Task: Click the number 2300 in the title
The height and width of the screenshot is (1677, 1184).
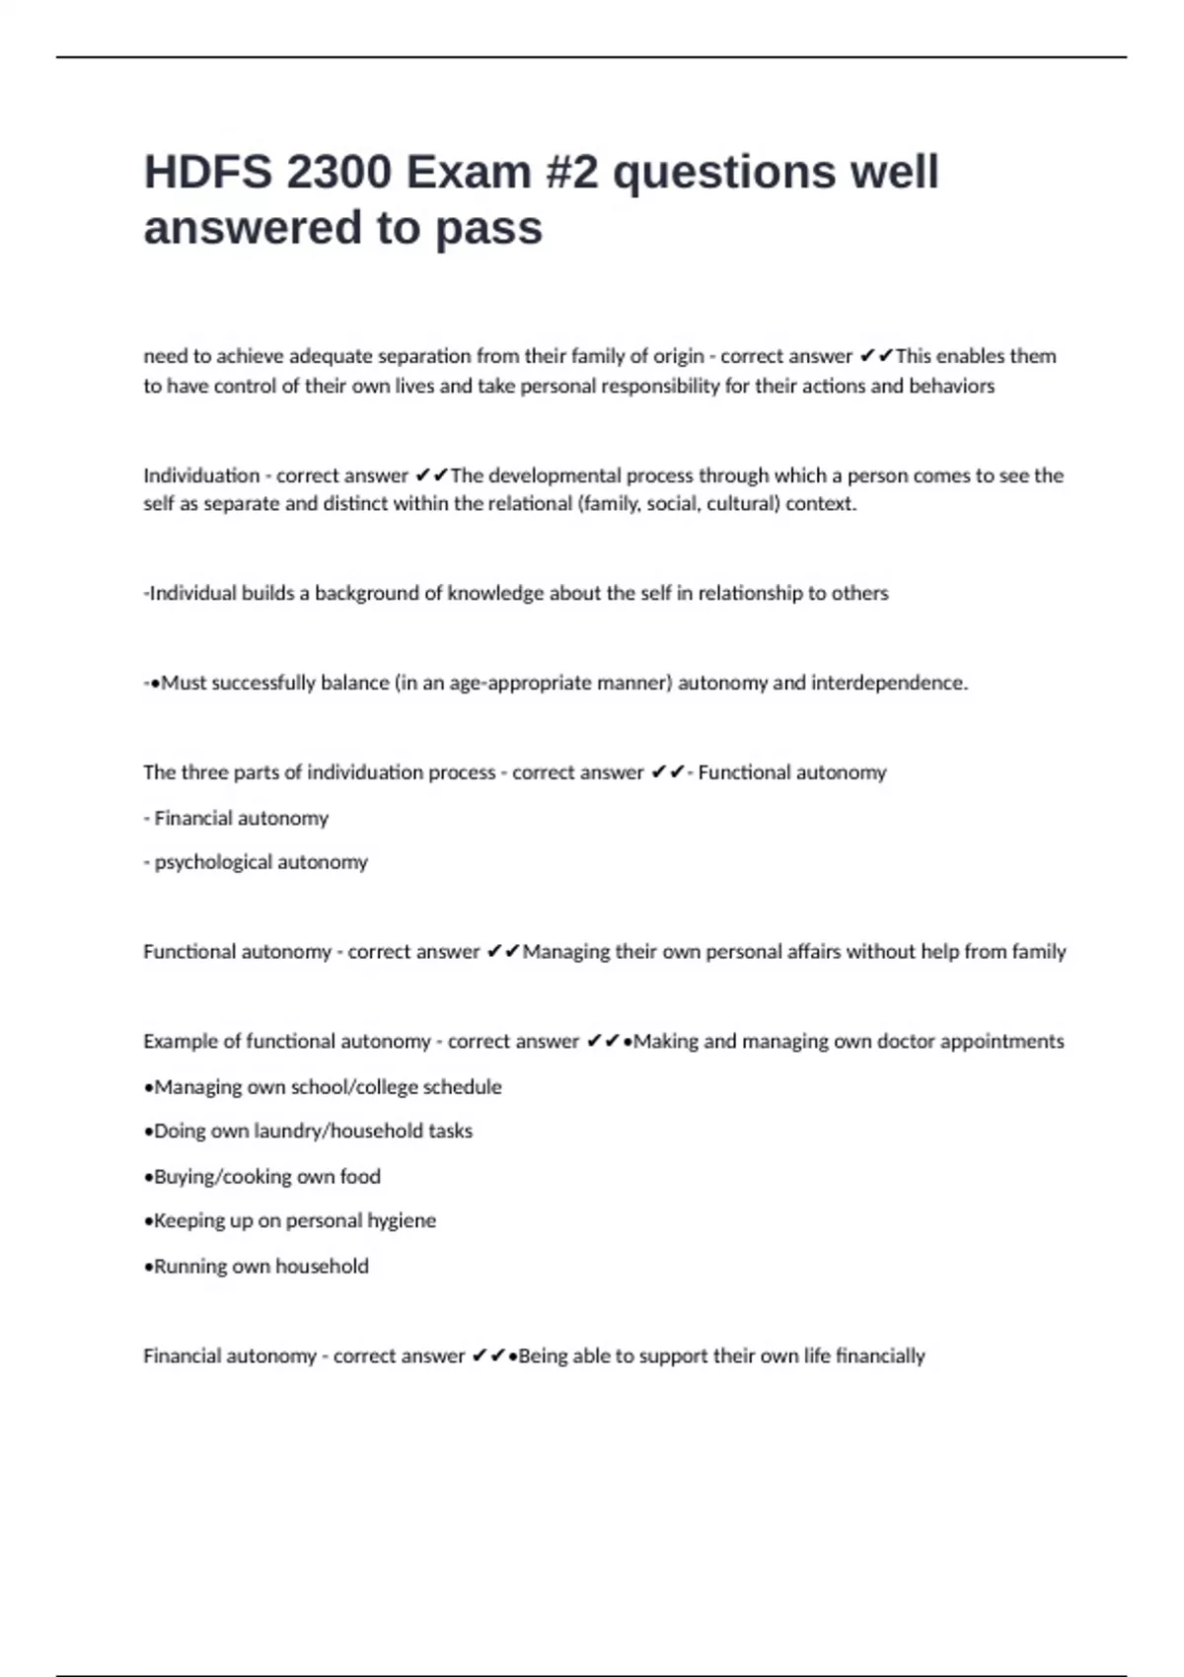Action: click(337, 173)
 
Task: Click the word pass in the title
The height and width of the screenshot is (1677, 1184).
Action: click(489, 228)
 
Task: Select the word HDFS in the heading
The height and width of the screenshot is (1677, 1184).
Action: click(206, 173)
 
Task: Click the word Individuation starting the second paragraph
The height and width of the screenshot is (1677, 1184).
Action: click(201, 475)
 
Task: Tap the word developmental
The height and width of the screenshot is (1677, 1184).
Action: click(555, 475)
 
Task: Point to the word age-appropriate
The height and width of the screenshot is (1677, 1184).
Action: click(511, 683)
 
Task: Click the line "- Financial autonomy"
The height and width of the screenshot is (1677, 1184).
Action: click(236, 818)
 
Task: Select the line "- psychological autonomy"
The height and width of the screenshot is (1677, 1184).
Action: click(256, 862)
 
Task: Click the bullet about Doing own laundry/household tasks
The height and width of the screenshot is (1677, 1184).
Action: click(308, 1130)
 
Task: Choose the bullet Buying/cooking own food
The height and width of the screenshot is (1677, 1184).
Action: click(262, 1176)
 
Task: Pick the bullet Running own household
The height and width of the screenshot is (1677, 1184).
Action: click(257, 1266)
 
